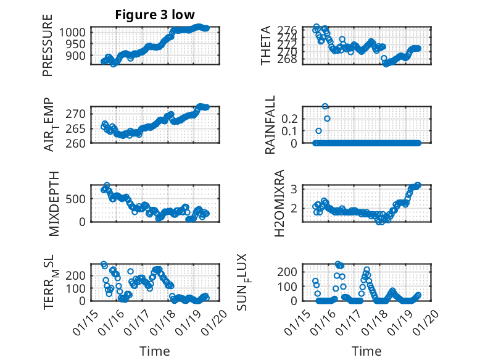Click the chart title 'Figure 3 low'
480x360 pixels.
155,15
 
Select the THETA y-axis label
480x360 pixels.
266,45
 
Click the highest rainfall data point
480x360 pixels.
325,106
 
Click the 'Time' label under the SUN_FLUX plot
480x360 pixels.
366,351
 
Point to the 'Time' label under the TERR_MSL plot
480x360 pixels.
154,351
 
